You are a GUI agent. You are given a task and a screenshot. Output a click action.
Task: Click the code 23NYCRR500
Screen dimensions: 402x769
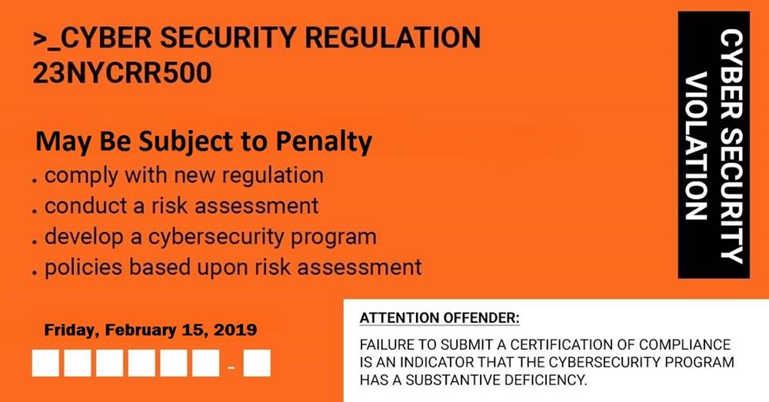122,72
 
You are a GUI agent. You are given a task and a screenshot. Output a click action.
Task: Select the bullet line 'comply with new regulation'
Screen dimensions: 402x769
184,174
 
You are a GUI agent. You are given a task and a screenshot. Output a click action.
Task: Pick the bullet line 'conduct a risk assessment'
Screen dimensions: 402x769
181,206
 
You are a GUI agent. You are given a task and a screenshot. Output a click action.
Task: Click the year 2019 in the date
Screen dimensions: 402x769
235,330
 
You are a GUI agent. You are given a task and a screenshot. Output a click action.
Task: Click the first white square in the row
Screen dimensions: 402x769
45,363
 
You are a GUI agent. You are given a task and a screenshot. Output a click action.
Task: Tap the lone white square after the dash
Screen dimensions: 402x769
257,363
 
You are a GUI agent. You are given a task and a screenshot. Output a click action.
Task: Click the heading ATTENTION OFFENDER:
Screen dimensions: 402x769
439,317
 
